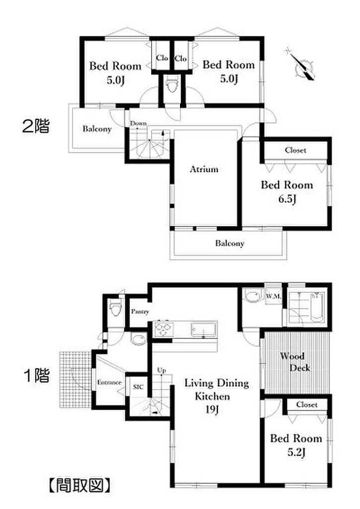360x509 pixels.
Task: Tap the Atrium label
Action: coord(204,169)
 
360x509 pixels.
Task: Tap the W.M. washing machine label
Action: coord(273,297)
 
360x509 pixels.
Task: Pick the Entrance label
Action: coord(109,382)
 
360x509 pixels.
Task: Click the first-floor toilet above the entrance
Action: coord(116,310)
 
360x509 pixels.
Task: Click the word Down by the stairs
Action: coord(138,123)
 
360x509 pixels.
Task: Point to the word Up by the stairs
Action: coord(161,370)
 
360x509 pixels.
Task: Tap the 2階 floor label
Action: coord(35,127)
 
